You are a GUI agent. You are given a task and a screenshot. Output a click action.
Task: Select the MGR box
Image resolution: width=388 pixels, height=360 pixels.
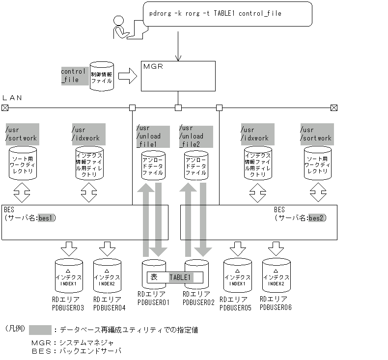click(x=178, y=76)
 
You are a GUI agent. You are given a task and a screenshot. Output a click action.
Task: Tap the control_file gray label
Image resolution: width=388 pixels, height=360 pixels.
click(x=73, y=75)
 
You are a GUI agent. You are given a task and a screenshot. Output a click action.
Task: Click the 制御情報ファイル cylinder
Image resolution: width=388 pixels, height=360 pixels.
click(x=102, y=77)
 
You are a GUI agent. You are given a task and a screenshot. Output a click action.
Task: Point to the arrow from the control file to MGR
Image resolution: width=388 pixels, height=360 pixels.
click(x=127, y=76)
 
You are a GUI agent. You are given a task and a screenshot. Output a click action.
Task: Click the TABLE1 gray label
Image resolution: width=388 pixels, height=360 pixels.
click(x=180, y=277)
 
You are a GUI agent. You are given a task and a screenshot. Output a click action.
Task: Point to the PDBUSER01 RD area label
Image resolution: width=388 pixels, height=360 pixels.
click(x=153, y=299)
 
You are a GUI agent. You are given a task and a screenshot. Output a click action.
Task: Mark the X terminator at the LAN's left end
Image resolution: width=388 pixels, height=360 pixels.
click(x=5, y=108)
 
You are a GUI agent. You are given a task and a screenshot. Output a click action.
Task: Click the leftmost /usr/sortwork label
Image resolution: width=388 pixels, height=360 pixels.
click(x=21, y=134)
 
